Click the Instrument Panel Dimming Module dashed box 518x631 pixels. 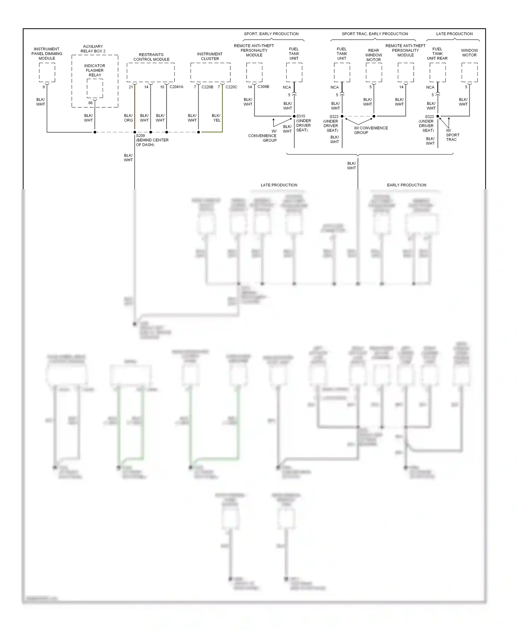click(x=47, y=72)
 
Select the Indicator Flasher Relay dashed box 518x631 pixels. click(x=95, y=88)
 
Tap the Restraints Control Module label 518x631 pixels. click(x=151, y=57)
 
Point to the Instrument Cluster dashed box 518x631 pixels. click(x=210, y=72)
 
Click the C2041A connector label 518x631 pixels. click(x=176, y=87)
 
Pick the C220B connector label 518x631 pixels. click(x=207, y=87)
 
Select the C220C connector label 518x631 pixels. click(x=231, y=87)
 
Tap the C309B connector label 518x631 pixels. click(x=263, y=87)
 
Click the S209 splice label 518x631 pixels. click(x=141, y=136)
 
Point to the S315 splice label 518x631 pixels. click(x=301, y=116)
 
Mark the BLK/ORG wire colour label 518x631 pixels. click(x=128, y=118)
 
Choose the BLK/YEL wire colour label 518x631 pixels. click(x=216, y=118)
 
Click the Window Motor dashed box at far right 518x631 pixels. click(x=469, y=72)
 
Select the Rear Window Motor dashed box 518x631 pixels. click(x=374, y=72)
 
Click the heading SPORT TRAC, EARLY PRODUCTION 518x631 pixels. click(x=375, y=34)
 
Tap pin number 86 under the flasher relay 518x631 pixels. click(x=90, y=103)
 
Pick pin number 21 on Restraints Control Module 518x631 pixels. click(x=131, y=87)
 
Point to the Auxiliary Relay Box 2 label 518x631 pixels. click(x=93, y=49)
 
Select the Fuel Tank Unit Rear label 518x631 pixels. click(x=437, y=54)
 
